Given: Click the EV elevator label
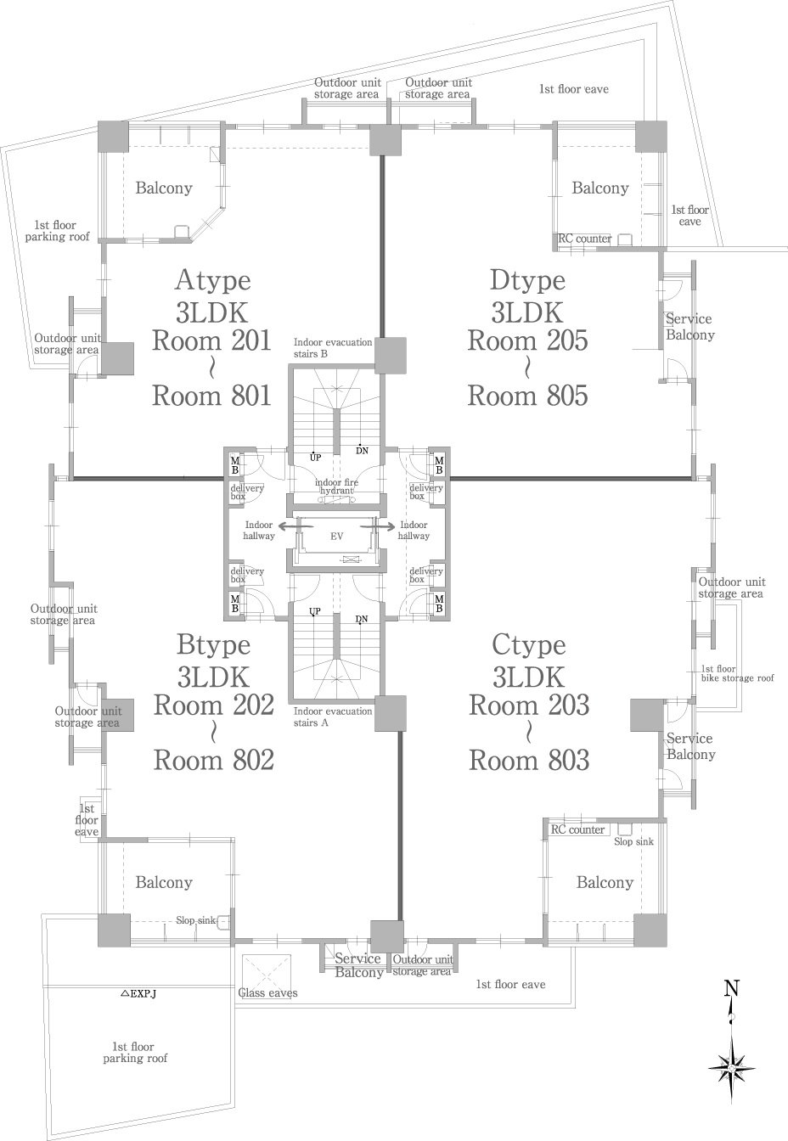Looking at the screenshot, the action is tap(337, 536).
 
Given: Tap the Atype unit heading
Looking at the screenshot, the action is tap(213, 281).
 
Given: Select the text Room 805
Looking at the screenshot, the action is tap(527, 396).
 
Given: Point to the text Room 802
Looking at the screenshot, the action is tap(214, 760).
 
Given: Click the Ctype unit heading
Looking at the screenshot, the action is tap(529, 646).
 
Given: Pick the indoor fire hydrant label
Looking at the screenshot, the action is tap(336, 486).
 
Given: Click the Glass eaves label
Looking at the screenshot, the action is tap(268, 992).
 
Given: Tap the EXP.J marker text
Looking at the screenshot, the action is tap(138, 992).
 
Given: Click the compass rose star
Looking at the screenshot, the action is tap(731, 1068).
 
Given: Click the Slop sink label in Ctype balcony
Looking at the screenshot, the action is tap(633, 841).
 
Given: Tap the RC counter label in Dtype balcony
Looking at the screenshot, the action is tap(585, 239).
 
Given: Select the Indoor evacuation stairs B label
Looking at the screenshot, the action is tap(333, 348).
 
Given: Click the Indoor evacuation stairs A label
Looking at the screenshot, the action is tap(333, 717).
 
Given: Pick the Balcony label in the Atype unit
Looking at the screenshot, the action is tap(164, 188).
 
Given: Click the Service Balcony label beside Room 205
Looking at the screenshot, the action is tap(690, 327).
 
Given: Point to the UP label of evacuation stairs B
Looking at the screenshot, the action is tap(316, 458).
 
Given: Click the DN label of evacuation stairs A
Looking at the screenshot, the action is tap(362, 620).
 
